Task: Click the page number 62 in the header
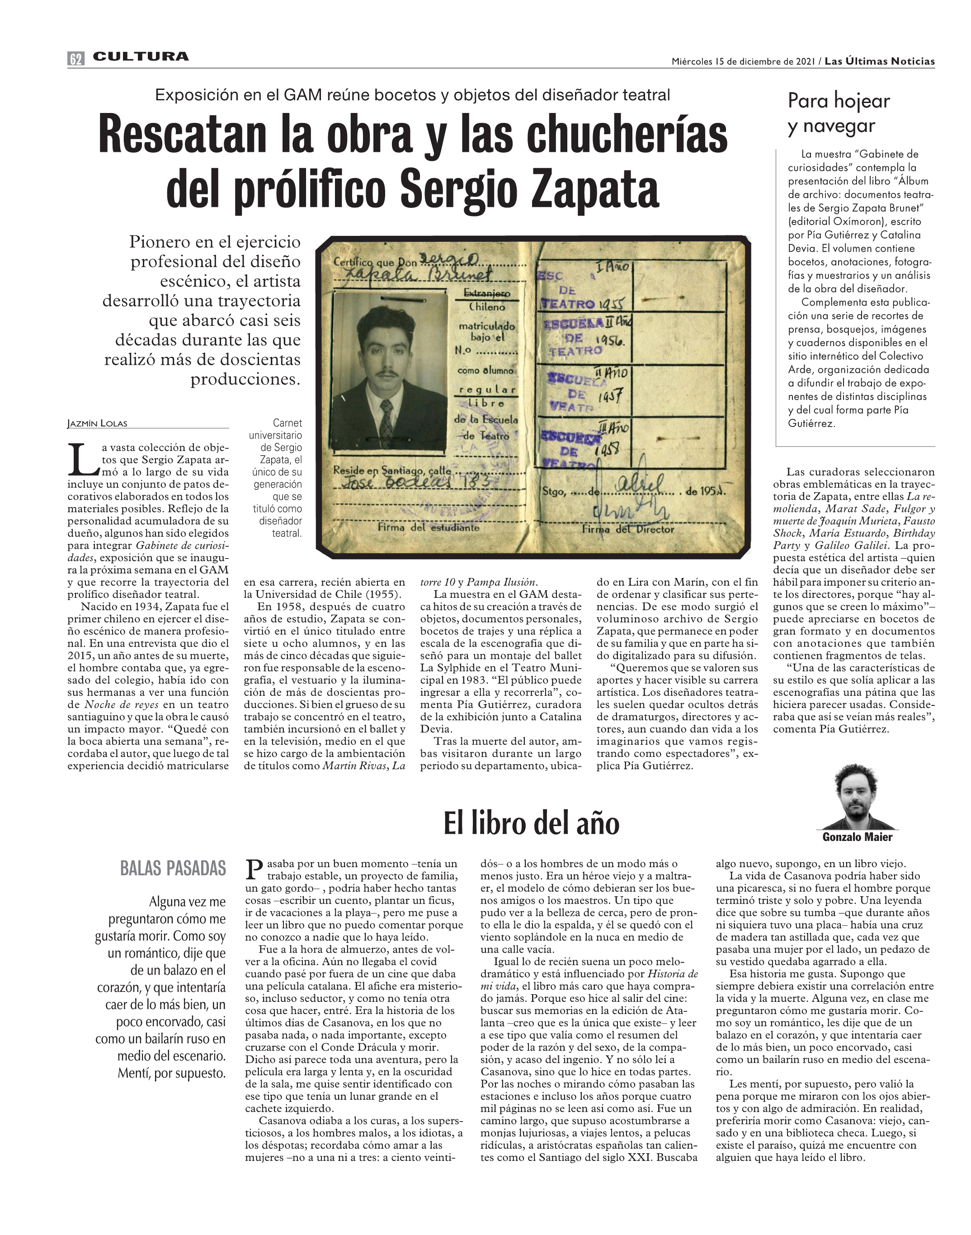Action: (x=75, y=58)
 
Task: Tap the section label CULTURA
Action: (x=141, y=56)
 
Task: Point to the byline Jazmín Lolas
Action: (x=97, y=423)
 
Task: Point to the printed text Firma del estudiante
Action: (x=429, y=527)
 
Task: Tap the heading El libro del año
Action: (x=531, y=823)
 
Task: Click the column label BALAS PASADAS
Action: (x=173, y=869)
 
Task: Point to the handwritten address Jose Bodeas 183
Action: (x=395, y=483)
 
